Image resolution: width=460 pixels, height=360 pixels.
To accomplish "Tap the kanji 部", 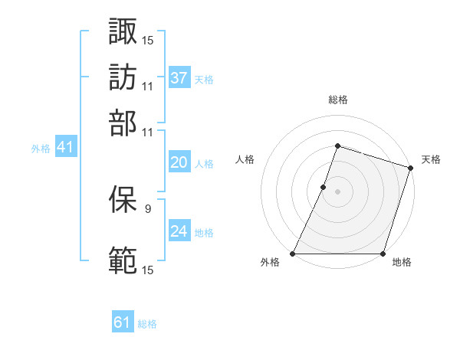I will [x=123, y=123].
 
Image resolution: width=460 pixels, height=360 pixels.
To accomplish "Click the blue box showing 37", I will [x=179, y=78].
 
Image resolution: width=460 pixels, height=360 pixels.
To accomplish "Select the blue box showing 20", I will [x=179, y=162].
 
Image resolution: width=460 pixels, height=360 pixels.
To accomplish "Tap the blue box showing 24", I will [x=179, y=231].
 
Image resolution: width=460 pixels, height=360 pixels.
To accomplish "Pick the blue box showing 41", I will [x=65, y=148].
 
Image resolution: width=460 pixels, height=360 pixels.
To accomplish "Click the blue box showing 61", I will [x=123, y=322].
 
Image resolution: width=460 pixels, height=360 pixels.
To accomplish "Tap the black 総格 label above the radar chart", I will [x=337, y=100].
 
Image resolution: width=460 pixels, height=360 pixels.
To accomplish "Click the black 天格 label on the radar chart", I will [x=431, y=159].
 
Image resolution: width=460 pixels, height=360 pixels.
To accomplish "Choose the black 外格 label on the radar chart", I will [x=270, y=263].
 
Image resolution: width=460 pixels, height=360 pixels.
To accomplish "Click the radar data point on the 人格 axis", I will [x=324, y=187].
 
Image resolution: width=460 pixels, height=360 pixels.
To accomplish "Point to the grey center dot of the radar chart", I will [x=337, y=191].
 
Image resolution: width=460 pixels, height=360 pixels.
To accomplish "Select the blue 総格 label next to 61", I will [x=147, y=324].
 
